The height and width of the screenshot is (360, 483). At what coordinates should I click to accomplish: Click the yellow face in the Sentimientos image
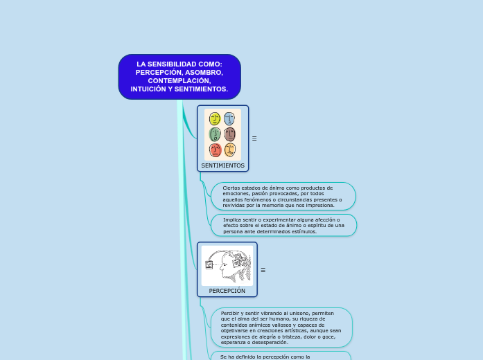[x=215, y=119]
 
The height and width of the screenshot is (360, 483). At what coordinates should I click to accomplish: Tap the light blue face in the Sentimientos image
[x=229, y=119]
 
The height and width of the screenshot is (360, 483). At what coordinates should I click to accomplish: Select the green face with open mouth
[x=215, y=134]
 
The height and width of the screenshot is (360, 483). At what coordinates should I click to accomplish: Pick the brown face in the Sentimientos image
[x=229, y=134]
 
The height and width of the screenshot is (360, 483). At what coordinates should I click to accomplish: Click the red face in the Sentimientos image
[x=215, y=150]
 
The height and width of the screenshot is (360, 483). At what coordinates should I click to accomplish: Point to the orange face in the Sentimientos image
[x=229, y=150]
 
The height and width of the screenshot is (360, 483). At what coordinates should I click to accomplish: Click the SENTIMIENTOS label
[x=222, y=166]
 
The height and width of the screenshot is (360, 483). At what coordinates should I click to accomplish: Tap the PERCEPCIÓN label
[x=227, y=291]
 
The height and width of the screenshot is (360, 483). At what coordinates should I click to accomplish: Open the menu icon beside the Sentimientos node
[x=254, y=138]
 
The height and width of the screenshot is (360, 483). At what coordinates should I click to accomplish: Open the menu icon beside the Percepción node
[x=263, y=270]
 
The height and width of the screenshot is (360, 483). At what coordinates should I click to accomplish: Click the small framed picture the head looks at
[x=209, y=264]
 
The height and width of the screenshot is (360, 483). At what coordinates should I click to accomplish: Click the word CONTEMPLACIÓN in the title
[x=179, y=81]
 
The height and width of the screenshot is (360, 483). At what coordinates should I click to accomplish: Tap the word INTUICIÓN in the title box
[x=152, y=89]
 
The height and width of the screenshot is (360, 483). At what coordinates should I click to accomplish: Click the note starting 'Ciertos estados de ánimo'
[x=283, y=197]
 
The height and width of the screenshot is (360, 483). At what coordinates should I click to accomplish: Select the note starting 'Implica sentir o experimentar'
[x=283, y=226]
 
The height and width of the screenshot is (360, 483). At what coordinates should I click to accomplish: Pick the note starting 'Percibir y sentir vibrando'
[x=281, y=327]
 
